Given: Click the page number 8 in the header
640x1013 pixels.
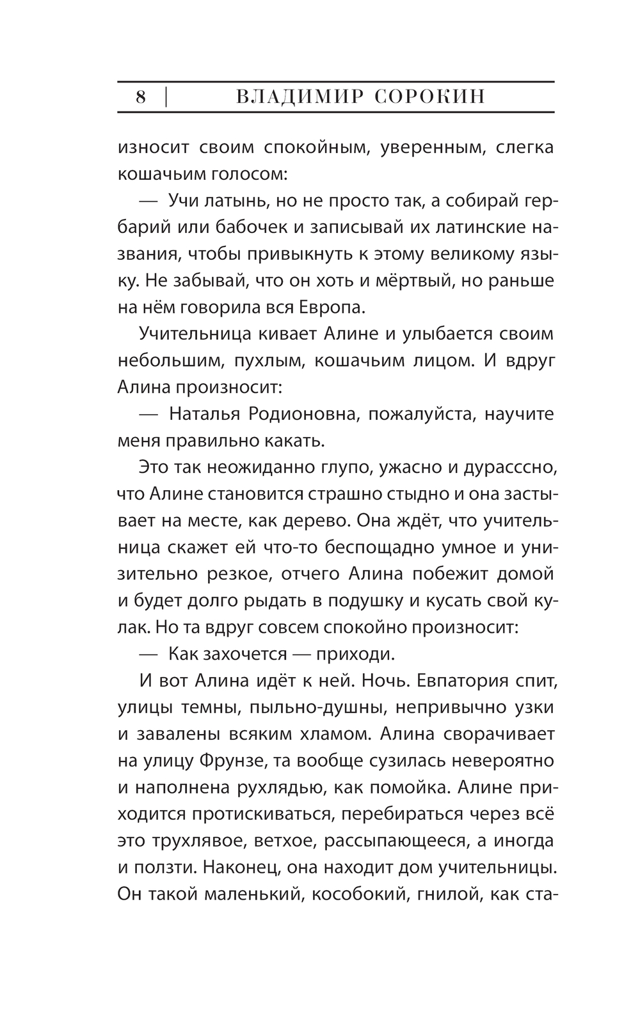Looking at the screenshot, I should [x=141, y=97].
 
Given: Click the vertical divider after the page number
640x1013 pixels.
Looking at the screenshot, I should [x=166, y=97].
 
